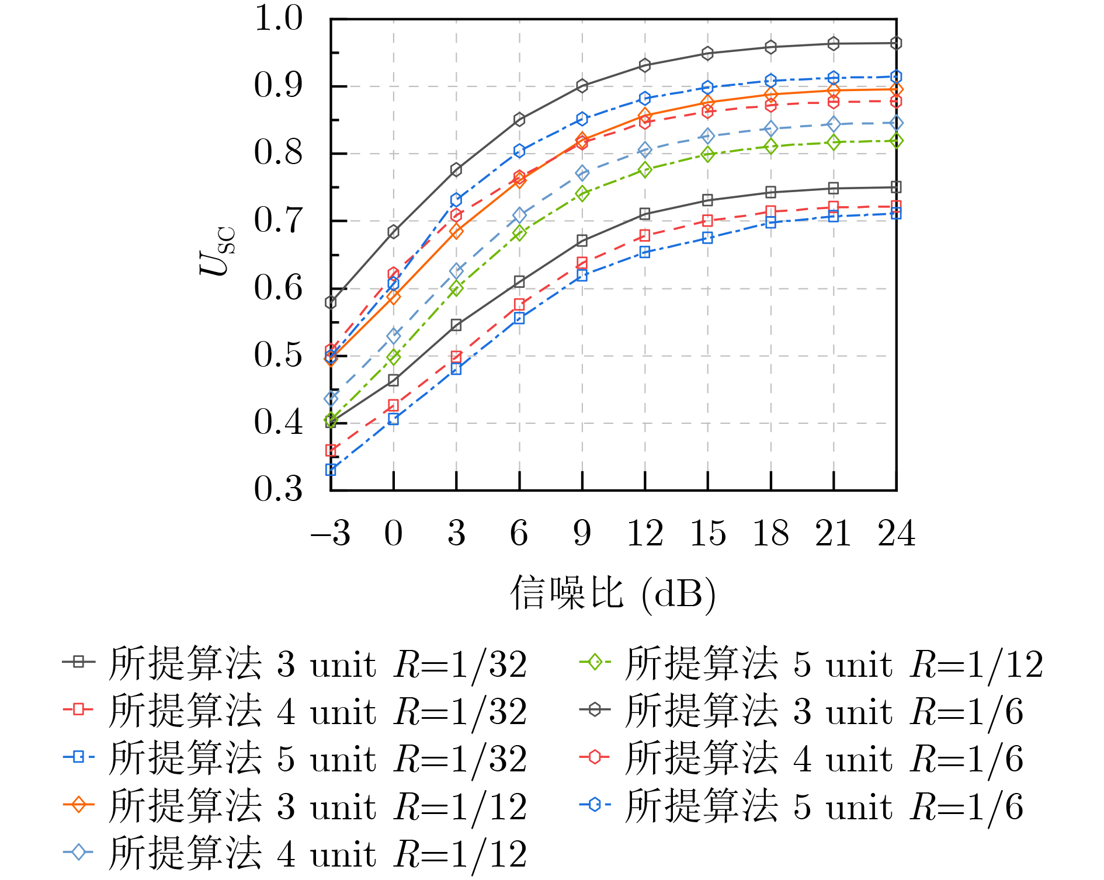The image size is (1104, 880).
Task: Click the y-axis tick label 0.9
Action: click(278, 85)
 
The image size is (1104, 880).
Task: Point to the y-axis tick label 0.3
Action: click(278, 489)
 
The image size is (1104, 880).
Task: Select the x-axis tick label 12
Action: click(645, 533)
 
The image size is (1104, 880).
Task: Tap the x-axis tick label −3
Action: click(331, 533)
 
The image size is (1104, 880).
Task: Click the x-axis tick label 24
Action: click(896, 533)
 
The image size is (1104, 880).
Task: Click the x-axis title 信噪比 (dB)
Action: click(613, 594)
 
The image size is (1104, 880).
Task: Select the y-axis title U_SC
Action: click(216, 251)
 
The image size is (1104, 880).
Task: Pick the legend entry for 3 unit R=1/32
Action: click(295, 664)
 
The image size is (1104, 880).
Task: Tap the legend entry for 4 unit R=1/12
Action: click(295, 854)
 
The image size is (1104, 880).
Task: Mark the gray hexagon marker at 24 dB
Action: click(896, 43)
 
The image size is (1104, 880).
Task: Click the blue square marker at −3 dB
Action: click(331, 469)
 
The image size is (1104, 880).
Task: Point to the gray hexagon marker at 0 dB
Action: click(394, 232)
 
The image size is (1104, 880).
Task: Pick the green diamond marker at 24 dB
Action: click(896, 141)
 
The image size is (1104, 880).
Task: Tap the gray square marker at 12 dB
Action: click(645, 214)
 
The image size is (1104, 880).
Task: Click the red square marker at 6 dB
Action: click(519, 304)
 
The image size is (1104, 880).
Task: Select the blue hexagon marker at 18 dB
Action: click(770, 80)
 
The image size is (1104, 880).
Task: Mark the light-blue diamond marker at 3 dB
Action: click(456, 271)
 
